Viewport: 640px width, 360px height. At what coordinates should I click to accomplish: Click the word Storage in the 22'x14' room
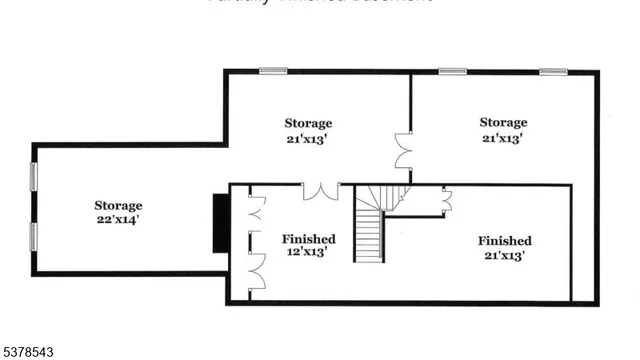click(118, 206)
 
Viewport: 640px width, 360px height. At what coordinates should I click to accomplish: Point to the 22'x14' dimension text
click(118, 220)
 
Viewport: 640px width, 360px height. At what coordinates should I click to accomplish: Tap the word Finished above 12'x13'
click(308, 239)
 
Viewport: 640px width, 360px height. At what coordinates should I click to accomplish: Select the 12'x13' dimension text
click(308, 253)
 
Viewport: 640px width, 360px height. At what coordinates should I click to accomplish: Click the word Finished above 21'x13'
click(504, 241)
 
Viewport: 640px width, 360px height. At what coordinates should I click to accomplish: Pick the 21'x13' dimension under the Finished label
click(504, 255)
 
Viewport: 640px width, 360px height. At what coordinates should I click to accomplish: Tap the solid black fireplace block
click(219, 224)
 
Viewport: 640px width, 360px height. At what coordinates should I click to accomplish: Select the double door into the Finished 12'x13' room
click(321, 190)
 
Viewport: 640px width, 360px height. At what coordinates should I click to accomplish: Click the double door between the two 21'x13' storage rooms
click(404, 151)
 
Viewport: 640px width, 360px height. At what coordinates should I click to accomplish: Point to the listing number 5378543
click(28, 352)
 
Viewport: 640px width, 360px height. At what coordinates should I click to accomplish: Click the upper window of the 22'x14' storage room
click(34, 177)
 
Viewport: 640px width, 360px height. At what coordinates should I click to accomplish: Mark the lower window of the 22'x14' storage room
click(34, 237)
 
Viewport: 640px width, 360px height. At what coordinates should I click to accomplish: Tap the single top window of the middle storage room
click(273, 71)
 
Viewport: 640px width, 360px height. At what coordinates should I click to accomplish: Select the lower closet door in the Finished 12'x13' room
click(255, 272)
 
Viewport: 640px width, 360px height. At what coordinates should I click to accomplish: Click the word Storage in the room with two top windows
click(503, 123)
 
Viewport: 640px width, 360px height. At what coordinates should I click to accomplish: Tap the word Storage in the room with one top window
click(308, 123)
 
